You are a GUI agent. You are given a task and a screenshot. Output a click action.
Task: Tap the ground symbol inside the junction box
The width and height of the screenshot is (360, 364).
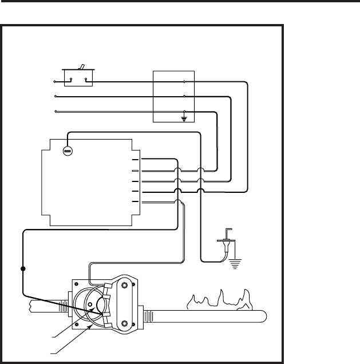tap(184, 118)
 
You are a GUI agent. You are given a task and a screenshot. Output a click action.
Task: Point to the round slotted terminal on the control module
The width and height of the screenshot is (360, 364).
tap(68, 151)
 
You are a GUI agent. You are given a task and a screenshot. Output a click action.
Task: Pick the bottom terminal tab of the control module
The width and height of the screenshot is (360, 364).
tap(135, 201)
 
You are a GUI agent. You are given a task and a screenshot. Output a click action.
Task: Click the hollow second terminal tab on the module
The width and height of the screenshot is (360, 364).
tap(135, 171)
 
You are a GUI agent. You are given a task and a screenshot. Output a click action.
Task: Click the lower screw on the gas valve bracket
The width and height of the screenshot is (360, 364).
tap(124, 326)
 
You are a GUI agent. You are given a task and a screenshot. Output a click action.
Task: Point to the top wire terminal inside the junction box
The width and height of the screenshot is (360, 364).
tap(184, 82)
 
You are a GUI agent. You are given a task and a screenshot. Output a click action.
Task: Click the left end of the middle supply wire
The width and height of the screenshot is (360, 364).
tap(56, 97)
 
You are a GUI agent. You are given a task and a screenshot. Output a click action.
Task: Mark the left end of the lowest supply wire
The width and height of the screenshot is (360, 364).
tap(56, 110)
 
